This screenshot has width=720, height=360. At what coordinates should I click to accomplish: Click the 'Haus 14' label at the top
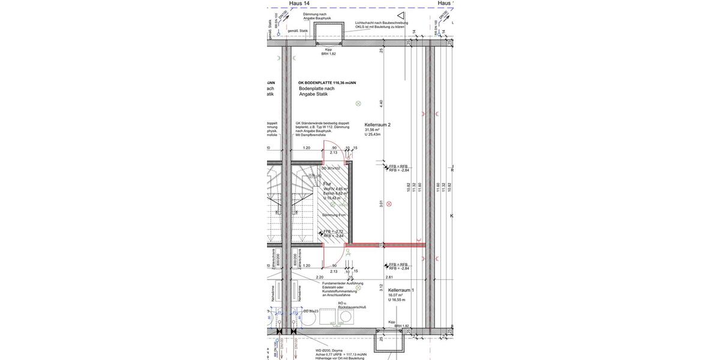coord(299,4)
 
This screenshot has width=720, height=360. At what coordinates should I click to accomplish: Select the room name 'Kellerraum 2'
coord(377,125)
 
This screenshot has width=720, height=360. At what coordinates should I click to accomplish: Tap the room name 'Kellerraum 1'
coord(401,290)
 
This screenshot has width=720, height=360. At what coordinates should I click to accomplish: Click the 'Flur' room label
coord(327,184)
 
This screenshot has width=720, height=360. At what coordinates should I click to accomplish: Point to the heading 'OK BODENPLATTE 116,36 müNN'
coord(327,83)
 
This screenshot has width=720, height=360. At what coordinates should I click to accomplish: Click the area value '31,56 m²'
coord(372,130)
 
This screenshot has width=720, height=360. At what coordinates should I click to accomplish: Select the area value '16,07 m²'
coord(395,295)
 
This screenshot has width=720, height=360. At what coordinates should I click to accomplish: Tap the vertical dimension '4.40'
coord(381,103)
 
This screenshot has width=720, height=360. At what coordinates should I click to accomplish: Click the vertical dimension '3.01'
coord(381,204)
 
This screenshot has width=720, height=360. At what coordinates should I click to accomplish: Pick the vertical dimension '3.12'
coord(381,287)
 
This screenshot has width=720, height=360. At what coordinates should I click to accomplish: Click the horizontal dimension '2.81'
coord(389,277)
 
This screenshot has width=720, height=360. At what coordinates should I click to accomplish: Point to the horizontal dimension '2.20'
coord(320,277)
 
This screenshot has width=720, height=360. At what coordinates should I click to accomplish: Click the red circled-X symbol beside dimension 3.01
coord(389,204)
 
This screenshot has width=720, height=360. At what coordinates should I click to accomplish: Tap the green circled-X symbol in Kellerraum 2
coord(358,104)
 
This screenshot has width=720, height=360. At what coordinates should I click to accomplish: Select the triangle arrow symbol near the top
coord(401,16)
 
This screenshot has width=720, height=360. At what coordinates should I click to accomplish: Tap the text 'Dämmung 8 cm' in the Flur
coord(334,215)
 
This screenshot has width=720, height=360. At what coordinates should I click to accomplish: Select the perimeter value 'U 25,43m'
coord(373,134)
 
